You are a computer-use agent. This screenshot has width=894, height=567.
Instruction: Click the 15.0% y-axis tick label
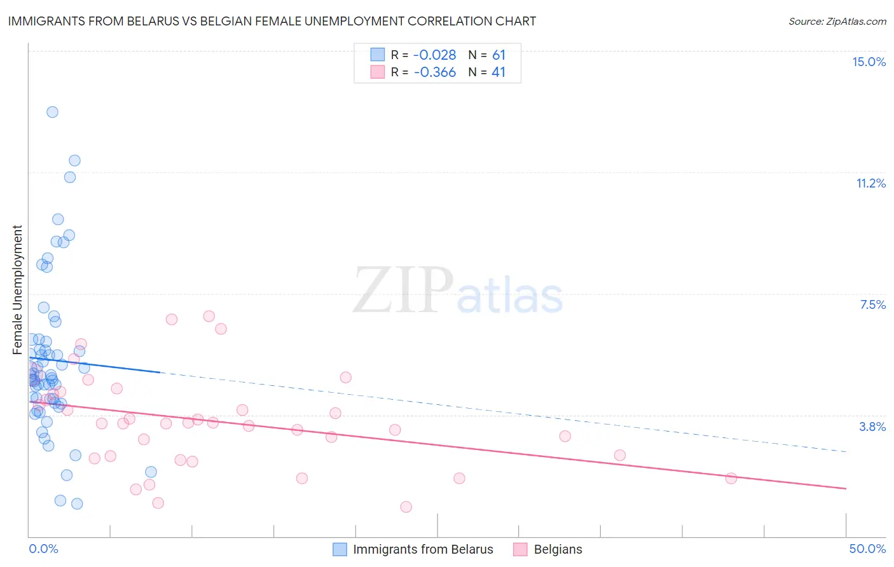(x=869, y=62)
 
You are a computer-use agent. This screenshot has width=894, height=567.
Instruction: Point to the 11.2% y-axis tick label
(x=870, y=183)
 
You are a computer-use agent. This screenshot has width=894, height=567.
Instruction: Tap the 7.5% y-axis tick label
(x=872, y=304)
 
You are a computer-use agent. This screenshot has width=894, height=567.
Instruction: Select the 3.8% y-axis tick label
(x=872, y=427)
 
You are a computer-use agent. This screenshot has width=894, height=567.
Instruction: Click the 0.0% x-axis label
(x=43, y=549)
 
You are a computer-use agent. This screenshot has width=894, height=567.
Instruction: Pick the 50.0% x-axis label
(x=867, y=549)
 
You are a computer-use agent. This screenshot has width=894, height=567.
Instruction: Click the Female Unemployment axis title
(x=17, y=289)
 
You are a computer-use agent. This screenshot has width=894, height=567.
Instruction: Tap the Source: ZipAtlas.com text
(x=837, y=21)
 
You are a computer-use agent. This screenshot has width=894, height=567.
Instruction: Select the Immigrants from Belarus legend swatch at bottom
(x=340, y=549)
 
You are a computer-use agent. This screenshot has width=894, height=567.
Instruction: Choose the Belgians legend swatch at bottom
(x=521, y=549)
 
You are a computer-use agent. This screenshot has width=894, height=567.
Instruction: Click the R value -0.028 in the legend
(x=434, y=55)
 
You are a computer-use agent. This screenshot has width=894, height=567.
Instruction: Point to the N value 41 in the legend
(x=499, y=72)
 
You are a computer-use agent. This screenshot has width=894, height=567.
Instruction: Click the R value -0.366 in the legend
(x=434, y=72)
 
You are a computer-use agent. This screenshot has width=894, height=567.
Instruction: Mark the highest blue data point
(x=52, y=112)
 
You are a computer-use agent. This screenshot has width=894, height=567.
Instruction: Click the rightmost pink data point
(x=731, y=478)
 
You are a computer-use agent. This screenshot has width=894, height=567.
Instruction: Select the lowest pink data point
(x=406, y=507)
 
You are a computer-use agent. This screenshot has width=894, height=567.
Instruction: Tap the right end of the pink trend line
(x=846, y=488)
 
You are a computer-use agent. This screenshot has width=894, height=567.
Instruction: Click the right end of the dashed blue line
(x=846, y=452)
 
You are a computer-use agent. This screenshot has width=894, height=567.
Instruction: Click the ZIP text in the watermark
(x=402, y=290)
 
